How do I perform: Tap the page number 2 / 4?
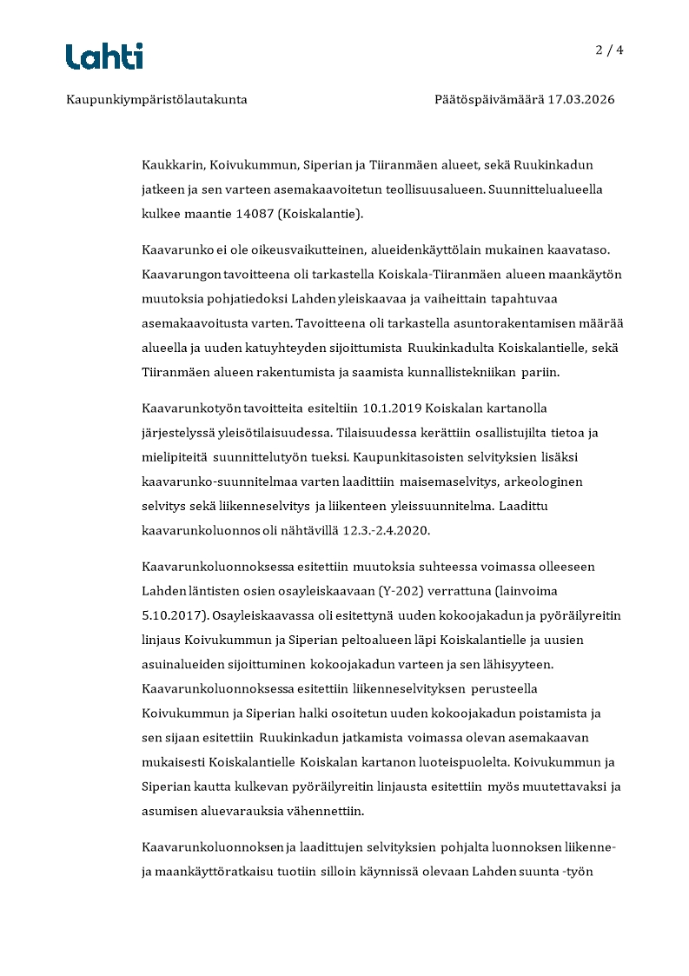point(609,50)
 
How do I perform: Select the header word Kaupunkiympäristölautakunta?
point(156,100)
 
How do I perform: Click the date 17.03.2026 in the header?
point(580,100)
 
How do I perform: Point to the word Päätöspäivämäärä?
point(489,100)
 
